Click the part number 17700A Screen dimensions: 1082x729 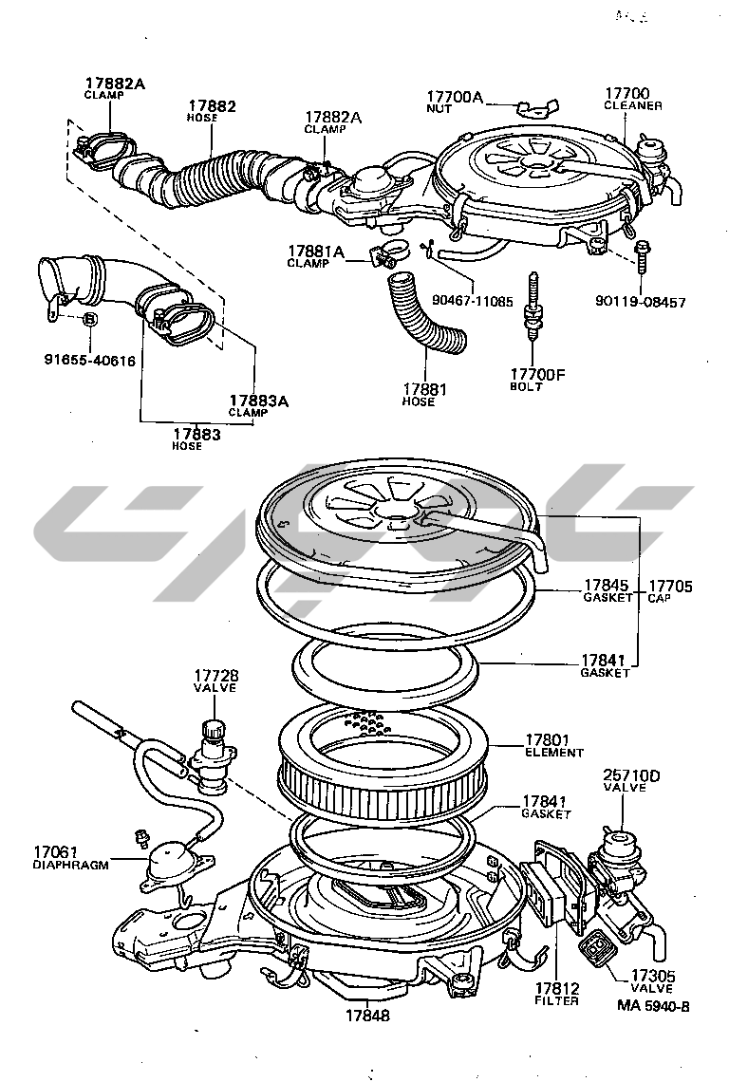tap(455, 97)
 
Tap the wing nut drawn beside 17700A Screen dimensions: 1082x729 tap(527, 104)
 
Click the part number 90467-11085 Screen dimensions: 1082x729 tap(472, 301)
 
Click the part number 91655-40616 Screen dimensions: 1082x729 tap(90, 361)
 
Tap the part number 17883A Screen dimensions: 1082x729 tap(257, 401)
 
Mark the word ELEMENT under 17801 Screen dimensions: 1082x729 tap(554, 753)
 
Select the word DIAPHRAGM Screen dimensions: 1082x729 tap(70, 866)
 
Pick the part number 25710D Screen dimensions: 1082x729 tap(631, 775)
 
